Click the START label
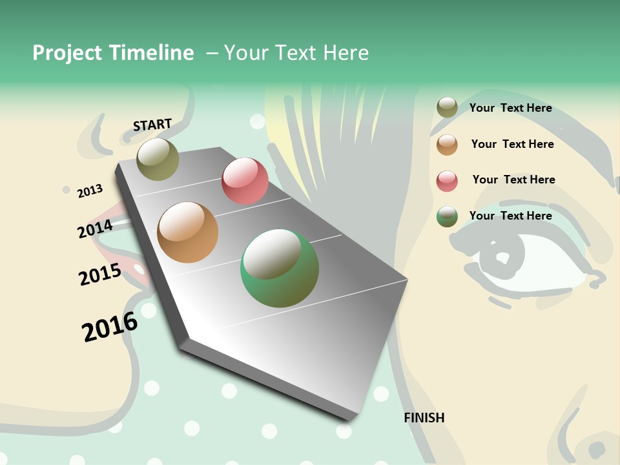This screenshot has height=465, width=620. click(152, 125)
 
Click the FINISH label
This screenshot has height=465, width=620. click(424, 418)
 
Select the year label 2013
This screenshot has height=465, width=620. click(90, 191)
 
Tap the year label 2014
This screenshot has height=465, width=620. click(95, 229)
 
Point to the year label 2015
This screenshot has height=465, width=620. click(100, 274)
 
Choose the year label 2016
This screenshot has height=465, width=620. click(110, 327)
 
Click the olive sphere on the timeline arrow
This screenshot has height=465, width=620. click(158, 159)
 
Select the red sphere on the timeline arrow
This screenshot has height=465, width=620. click(245, 181)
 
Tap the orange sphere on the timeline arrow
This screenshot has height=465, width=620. click(187, 232)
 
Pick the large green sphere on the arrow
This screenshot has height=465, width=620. click(280, 269)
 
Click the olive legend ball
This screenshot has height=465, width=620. click(447, 108)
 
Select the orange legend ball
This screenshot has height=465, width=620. click(447, 145)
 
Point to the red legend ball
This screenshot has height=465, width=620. click(447, 181)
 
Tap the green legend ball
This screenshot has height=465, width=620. click(447, 216)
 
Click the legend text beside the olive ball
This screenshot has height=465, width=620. click(510, 108)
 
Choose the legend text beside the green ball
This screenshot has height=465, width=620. click(510, 216)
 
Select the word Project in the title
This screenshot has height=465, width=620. click(67, 53)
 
